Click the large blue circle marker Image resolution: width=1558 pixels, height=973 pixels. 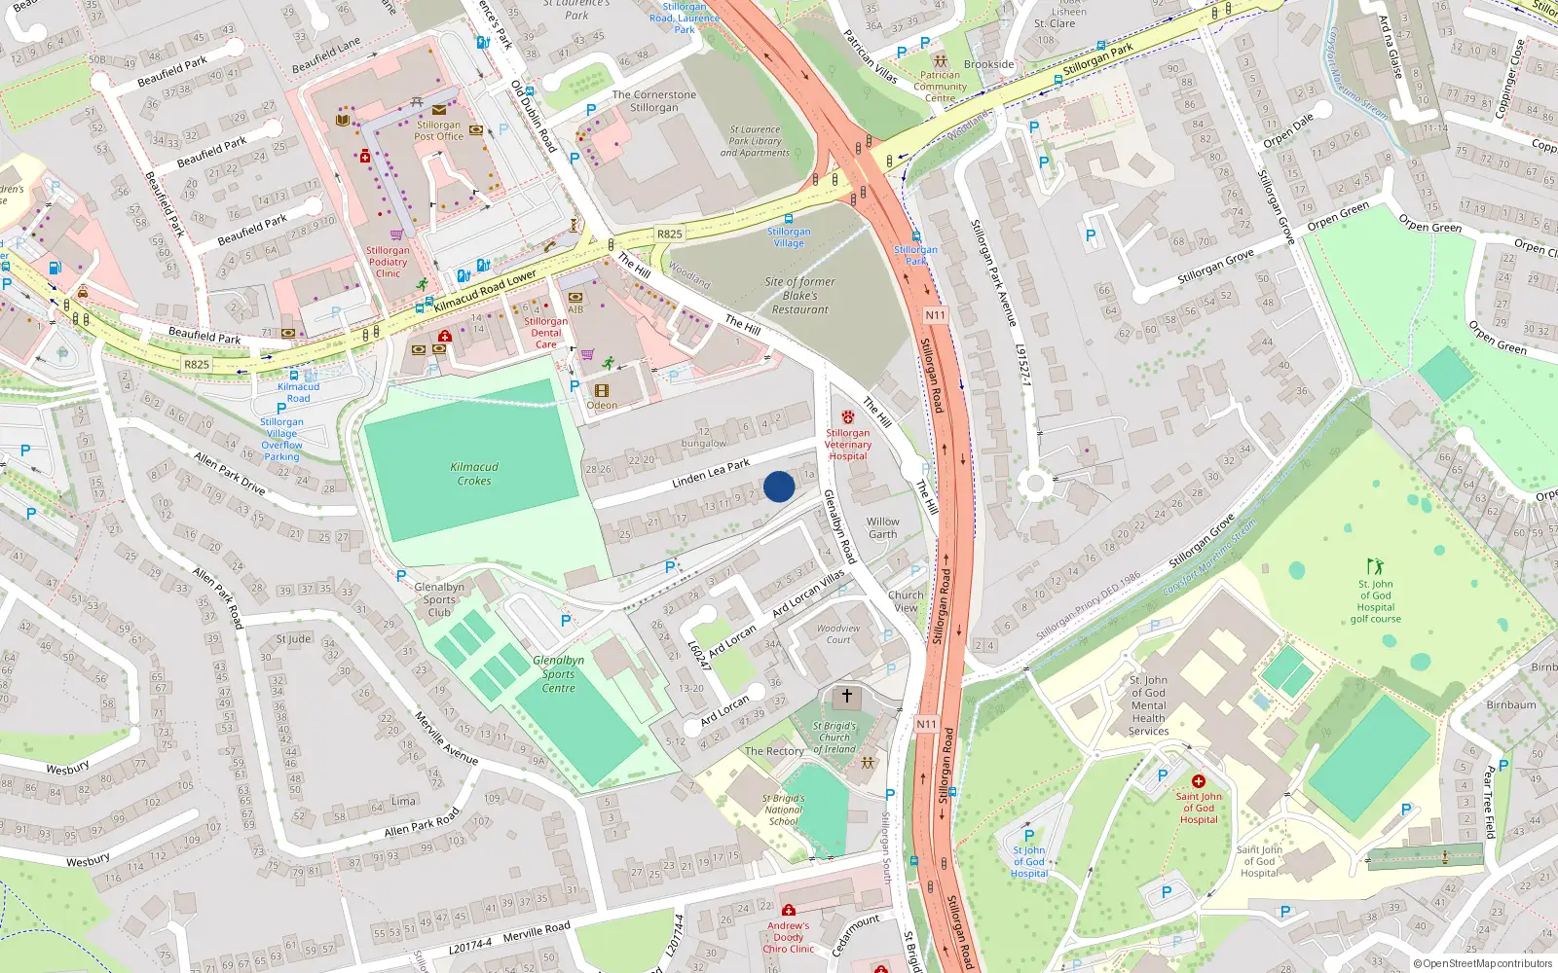point(779,486)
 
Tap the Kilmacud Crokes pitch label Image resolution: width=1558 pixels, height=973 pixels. point(474,474)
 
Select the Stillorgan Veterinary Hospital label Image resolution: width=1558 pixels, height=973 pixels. point(848,445)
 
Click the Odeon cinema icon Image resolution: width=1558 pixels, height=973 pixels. point(601,391)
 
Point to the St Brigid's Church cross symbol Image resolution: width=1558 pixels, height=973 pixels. point(847,697)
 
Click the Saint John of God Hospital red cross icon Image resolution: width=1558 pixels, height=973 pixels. point(1199,781)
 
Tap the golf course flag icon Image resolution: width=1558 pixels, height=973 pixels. point(1375,566)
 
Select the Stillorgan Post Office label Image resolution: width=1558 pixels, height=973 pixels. point(438,130)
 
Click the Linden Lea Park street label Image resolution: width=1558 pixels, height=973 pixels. point(711,474)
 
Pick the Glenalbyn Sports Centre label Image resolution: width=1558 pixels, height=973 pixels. point(559,673)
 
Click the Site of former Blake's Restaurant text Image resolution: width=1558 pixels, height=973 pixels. point(799,296)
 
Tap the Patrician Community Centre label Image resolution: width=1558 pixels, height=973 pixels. point(940,87)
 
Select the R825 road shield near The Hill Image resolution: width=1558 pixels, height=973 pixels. point(669,234)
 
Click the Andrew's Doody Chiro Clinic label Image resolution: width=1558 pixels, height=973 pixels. point(788,937)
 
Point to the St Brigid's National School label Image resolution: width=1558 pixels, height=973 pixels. point(783,810)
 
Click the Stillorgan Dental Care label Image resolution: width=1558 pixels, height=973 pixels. point(545,333)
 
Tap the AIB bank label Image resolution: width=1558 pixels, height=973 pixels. point(575,309)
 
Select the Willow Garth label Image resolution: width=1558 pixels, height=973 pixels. point(883,527)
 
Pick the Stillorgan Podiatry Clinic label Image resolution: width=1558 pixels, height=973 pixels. point(388,262)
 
